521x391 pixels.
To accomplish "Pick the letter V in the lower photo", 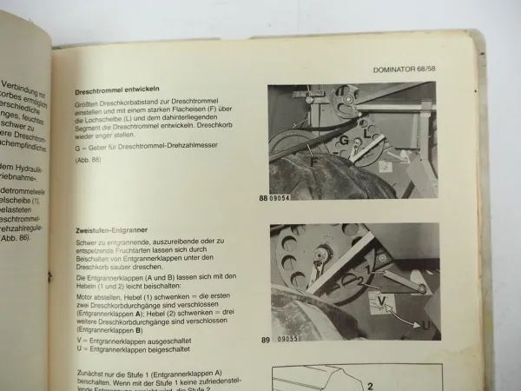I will click(x=381, y=301).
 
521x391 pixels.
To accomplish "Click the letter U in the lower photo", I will click(x=425, y=325).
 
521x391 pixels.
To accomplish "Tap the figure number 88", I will click(x=263, y=199).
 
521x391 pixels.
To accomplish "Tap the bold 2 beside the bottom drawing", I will click(x=368, y=388).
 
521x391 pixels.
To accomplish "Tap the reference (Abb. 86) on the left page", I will click(x=16, y=237).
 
